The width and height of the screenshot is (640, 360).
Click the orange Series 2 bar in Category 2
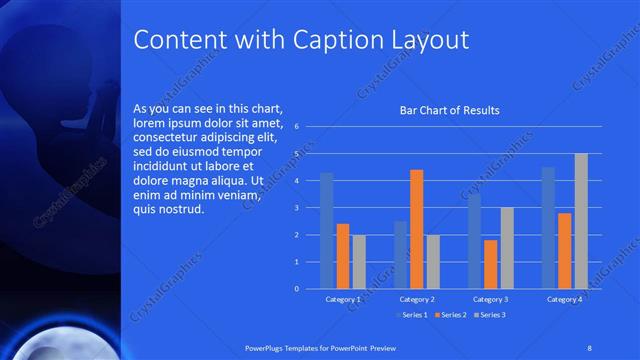tap(416, 229)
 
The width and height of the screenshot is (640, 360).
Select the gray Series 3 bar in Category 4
tap(581, 221)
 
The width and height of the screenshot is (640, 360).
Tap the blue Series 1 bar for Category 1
tap(326, 230)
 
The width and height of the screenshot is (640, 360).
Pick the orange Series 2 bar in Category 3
tap(490, 264)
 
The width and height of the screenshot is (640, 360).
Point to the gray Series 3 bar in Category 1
tap(359, 261)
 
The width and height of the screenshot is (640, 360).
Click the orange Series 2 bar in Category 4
tap(564, 250)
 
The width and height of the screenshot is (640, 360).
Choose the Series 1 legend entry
tap(411, 316)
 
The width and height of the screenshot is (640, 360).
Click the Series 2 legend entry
tap(449, 316)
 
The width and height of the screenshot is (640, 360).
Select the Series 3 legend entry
tap(488, 316)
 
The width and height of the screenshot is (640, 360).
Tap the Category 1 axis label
tap(343, 299)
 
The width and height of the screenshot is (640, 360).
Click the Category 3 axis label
tap(490, 299)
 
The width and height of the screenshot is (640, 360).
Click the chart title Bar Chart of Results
tap(449, 110)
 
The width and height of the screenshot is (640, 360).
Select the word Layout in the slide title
tap(429, 40)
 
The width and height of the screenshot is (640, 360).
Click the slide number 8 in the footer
tap(590, 347)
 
